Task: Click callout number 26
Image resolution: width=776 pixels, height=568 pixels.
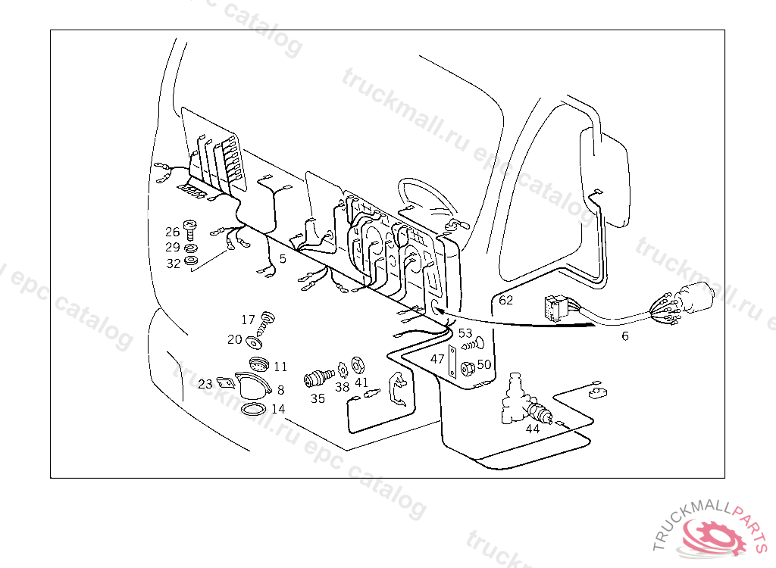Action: click(x=173, y=232)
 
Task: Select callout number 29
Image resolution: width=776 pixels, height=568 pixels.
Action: click(x=173, y=248)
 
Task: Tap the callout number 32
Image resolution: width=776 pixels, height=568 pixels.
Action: click(x=174, y=264)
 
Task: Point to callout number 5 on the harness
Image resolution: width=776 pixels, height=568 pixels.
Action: click(x=283, y=259)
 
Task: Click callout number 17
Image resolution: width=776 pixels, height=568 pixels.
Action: click(x=249, y=320)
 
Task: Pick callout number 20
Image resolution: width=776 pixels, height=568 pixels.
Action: click(x=234, y=340)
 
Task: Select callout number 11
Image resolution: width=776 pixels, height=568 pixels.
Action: click(x=280, y=367)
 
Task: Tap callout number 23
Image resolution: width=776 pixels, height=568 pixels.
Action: click(x=205, y=385)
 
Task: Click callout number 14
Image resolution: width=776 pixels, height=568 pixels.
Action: click(x=278, y=409)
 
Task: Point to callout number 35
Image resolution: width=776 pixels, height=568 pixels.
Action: click(x=318, y=398)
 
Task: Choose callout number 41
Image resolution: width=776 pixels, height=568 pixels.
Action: click(x=361, y=383)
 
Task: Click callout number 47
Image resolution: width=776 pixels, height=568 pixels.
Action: click(x=437, y=359)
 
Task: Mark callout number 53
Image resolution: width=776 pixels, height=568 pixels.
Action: click(x=465, y=333)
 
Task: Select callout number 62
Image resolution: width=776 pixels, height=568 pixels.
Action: click(x=505, y=300)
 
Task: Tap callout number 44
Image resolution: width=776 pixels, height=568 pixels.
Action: click(x=533, y=428)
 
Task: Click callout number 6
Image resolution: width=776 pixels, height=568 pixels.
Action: click(x=624, y=336)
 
